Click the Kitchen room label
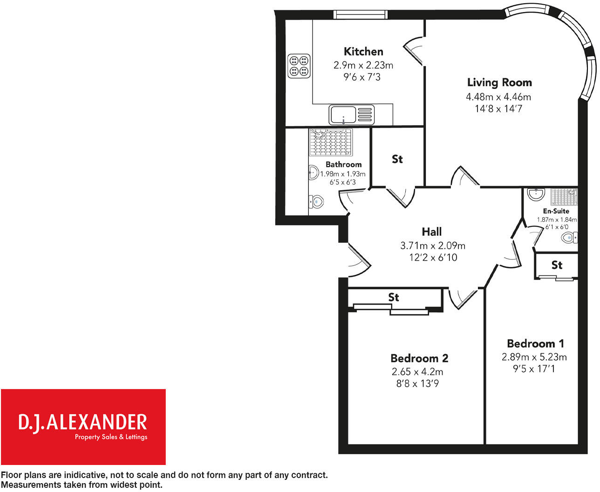tap(363, 52)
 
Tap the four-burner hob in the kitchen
tap(299, 66)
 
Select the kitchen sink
tap(352, 115)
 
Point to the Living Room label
tap(499, 83)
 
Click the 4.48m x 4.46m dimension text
tap(498, 97)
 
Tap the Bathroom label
tap(343, 164)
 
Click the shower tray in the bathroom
tap(331, 142)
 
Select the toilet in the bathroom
tap(317, 202)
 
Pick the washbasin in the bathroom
tap(313, 173)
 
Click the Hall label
tap(431, 232)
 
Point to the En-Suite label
tap(556, 211)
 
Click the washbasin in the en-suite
tap(537, 193)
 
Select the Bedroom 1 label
tap(535, 344)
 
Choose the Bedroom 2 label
tap(419, 358)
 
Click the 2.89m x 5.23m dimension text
tap(534, 357)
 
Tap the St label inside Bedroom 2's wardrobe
tap(394, 297)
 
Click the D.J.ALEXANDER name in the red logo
tap(83, 422)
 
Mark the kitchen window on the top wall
tap(361, 15)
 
